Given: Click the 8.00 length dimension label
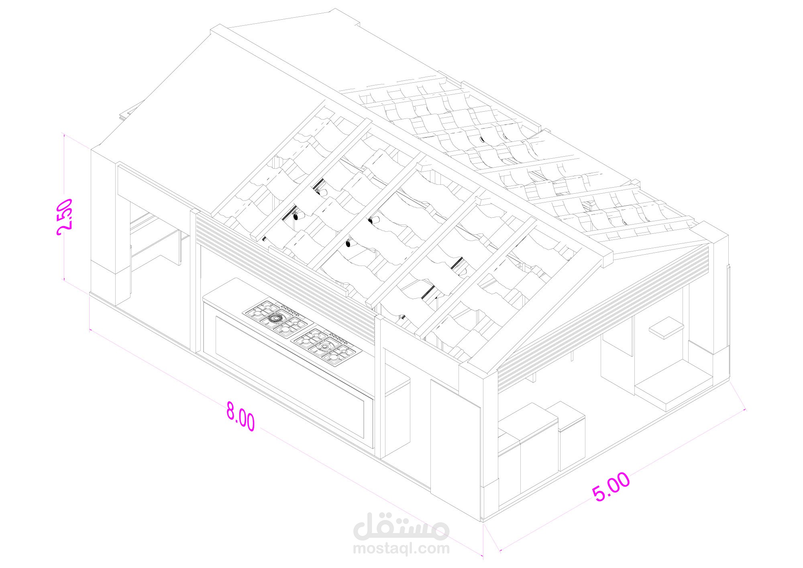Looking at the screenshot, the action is (x=240, y=416).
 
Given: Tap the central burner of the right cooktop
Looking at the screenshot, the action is (x=324, y=346).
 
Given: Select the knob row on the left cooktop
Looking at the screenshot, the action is (x=290, y=311).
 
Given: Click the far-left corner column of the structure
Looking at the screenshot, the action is (x=104, y=225).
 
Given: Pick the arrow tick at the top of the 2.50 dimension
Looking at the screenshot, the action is (x=64, y=135).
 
